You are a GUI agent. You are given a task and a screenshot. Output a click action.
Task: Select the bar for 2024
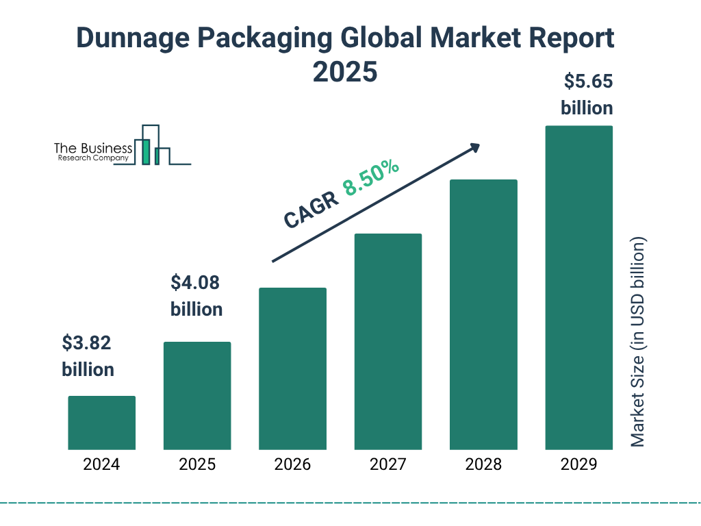tap(101, 423)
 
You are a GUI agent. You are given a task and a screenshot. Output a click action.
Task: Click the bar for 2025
tap(197, 395)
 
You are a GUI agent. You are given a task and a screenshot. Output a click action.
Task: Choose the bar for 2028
tap(483, 314)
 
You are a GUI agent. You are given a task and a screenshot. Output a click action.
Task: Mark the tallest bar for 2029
tap(578, 288)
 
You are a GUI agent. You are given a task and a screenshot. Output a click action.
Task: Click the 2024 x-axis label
tap(101, 464)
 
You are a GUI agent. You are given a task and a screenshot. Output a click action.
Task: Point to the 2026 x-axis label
tap(292, 464)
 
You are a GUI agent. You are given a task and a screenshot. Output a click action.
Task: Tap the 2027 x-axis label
tap(388, 464)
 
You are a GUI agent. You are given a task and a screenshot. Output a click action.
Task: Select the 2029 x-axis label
tap(578, 464)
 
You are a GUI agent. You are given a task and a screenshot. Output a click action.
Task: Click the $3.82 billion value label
tap(88, 356)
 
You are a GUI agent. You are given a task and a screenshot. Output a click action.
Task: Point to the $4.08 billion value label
tap(196, 296)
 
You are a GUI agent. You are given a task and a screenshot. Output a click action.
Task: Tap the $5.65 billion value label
tap(587, 95)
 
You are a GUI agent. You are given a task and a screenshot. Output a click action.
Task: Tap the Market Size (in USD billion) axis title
tap(638, 342)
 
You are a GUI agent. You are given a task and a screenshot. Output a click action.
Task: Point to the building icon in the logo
tap(152, 145)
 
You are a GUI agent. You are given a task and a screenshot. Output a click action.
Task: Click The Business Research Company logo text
tap(93, 152)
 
